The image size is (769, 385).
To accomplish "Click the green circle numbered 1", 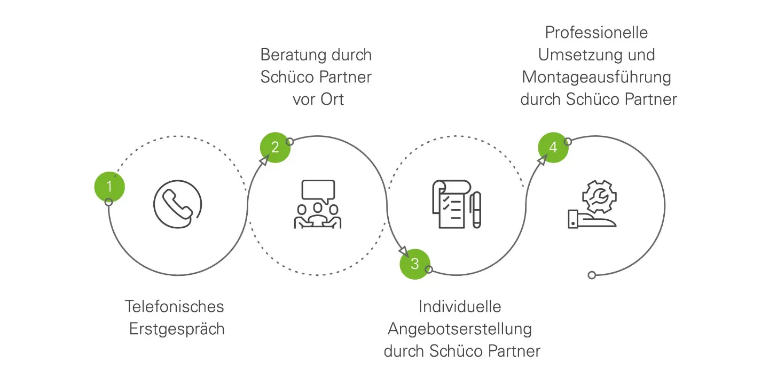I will pos(109,187).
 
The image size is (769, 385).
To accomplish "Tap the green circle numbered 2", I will pos(275,147).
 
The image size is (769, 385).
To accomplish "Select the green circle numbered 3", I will pos(415,264).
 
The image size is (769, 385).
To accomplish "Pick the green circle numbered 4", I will pos(553,147).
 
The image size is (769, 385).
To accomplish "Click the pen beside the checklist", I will pos(476,210).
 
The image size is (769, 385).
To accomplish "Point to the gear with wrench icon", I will pos(598,197).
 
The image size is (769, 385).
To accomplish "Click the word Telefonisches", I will pos(174,306).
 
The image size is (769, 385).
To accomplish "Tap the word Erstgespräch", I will pos(177,329).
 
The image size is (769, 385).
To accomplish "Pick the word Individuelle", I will pos(460,306).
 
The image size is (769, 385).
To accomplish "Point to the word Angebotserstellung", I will pos(460,329).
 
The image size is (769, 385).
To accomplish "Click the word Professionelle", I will pos(596,32).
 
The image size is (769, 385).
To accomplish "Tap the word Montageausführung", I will pos(596,77).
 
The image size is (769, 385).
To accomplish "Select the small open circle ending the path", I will pos(592,275).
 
